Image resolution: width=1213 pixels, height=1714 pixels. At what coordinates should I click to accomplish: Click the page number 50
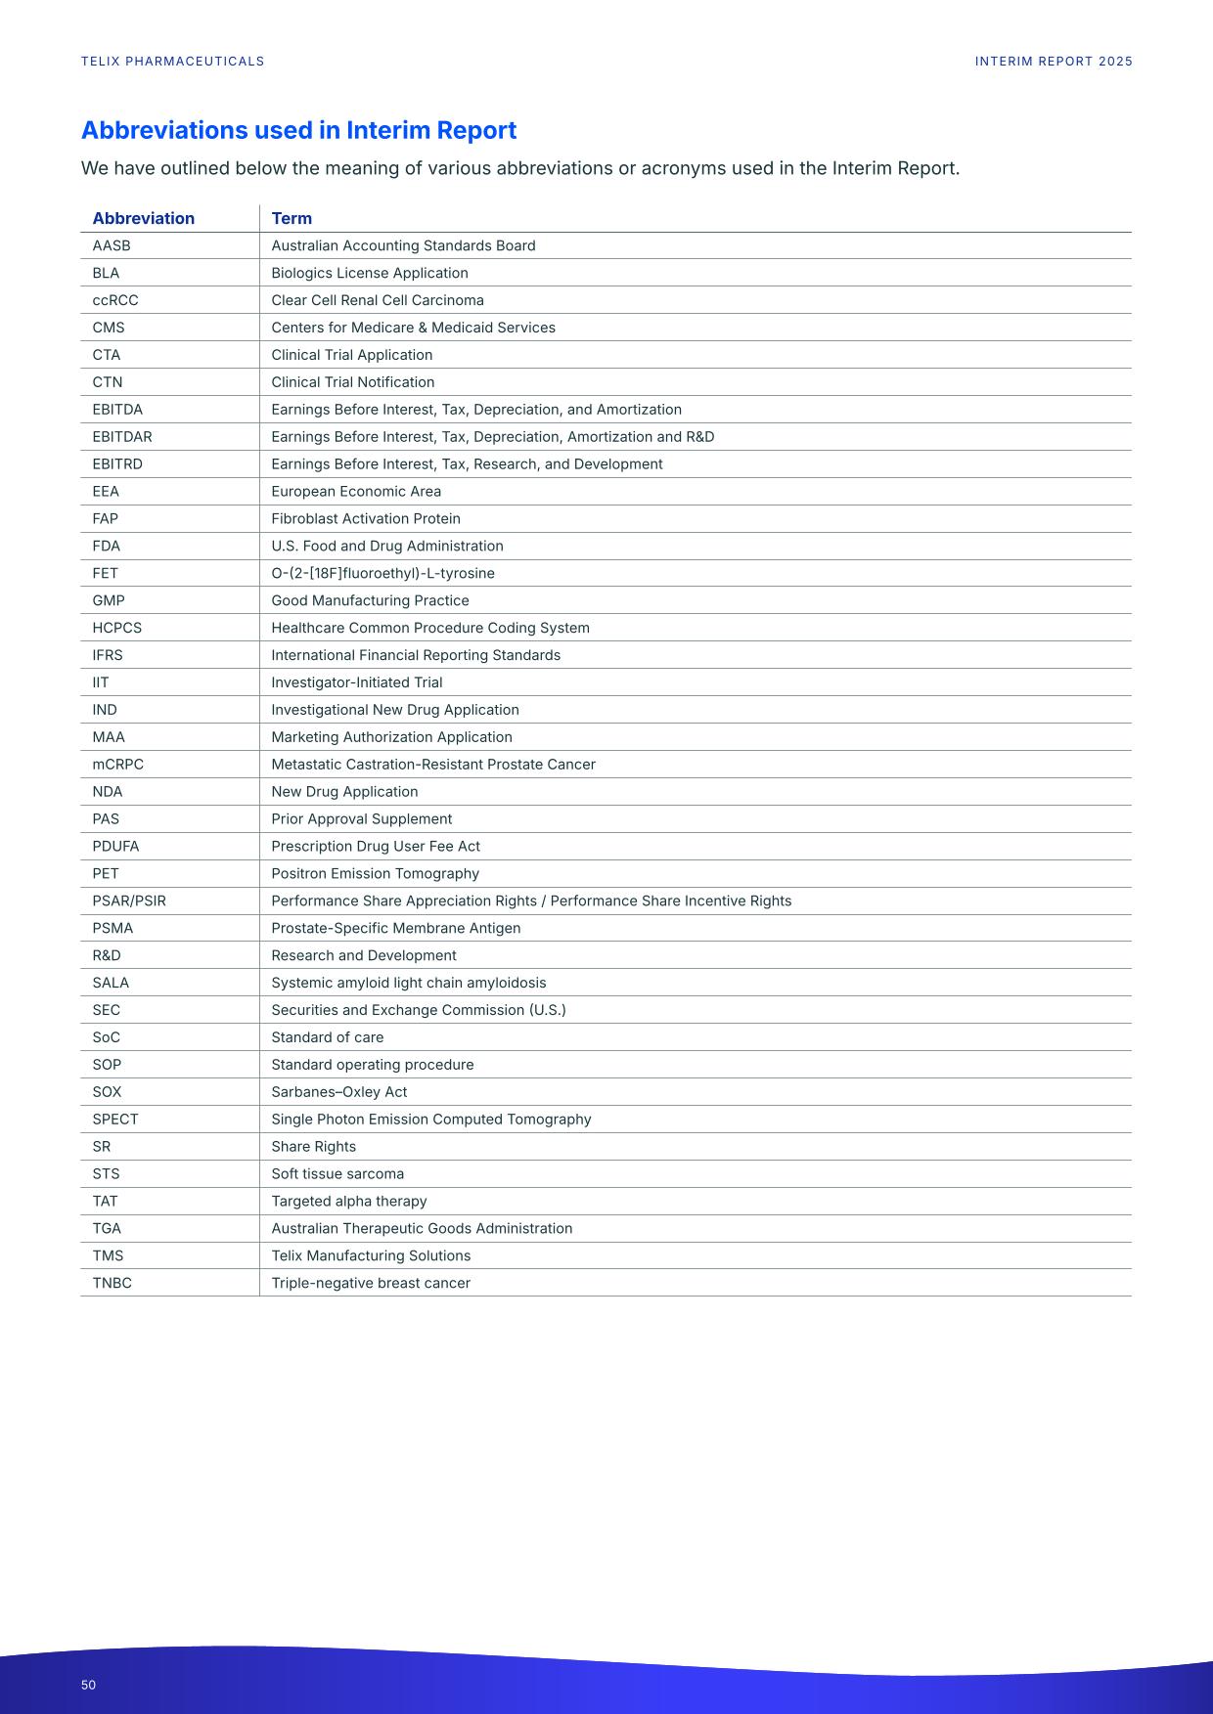(88, 1685)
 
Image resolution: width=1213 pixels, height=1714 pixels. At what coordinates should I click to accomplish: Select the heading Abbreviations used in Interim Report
(298, 130)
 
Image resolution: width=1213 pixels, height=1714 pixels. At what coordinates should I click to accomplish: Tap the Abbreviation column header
(143, 218)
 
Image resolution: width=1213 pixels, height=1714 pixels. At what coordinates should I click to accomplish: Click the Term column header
(292, 218)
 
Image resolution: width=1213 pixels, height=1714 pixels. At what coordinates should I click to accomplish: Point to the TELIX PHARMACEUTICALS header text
(172, 62)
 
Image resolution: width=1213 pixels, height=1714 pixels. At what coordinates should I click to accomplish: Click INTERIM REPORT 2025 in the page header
(1054, 62)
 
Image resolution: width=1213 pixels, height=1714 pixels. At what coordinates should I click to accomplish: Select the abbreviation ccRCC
(115, 300)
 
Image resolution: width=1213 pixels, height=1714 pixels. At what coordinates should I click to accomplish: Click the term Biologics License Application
(369, 273)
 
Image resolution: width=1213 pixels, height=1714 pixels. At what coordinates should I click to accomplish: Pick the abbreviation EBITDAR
(122, 437)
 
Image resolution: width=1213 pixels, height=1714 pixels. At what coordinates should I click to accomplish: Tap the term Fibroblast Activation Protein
(365, 519)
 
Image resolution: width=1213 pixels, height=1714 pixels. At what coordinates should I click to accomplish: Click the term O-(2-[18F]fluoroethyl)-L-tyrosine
(382, 573)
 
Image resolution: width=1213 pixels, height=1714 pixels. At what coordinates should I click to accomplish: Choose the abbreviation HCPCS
(116, 628)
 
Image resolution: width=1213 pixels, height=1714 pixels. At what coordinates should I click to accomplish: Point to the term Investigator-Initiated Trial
(356, 682)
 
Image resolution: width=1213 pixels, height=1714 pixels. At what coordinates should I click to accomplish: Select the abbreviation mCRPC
(117, 765)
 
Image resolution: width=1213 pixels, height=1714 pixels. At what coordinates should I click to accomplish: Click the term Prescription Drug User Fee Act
(375, 847)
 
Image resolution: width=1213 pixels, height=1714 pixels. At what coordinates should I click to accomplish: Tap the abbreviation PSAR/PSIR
(129, 901)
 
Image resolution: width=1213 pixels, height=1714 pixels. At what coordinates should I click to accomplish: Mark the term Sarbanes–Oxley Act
(338, 1092)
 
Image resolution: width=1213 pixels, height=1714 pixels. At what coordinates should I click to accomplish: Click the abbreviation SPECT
(115, 1120)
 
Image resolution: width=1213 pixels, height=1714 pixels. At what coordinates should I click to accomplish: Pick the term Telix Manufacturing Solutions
(370, 1255)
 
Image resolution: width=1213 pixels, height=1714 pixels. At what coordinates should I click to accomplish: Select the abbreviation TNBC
(112, 1283)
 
